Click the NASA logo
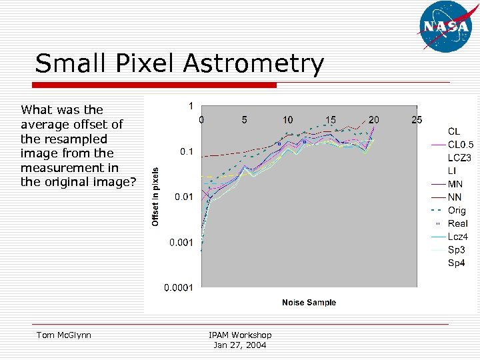446,27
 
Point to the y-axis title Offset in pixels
155,195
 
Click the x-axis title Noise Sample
309,303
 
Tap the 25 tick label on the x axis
417,120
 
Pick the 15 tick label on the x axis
331,120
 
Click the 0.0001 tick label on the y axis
179,288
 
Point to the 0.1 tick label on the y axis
187,151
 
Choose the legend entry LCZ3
459,158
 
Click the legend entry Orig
457,211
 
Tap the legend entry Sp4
456,263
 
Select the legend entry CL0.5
460,145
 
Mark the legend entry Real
457,223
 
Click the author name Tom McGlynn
65,335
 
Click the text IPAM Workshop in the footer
240,335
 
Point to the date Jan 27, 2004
240,345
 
